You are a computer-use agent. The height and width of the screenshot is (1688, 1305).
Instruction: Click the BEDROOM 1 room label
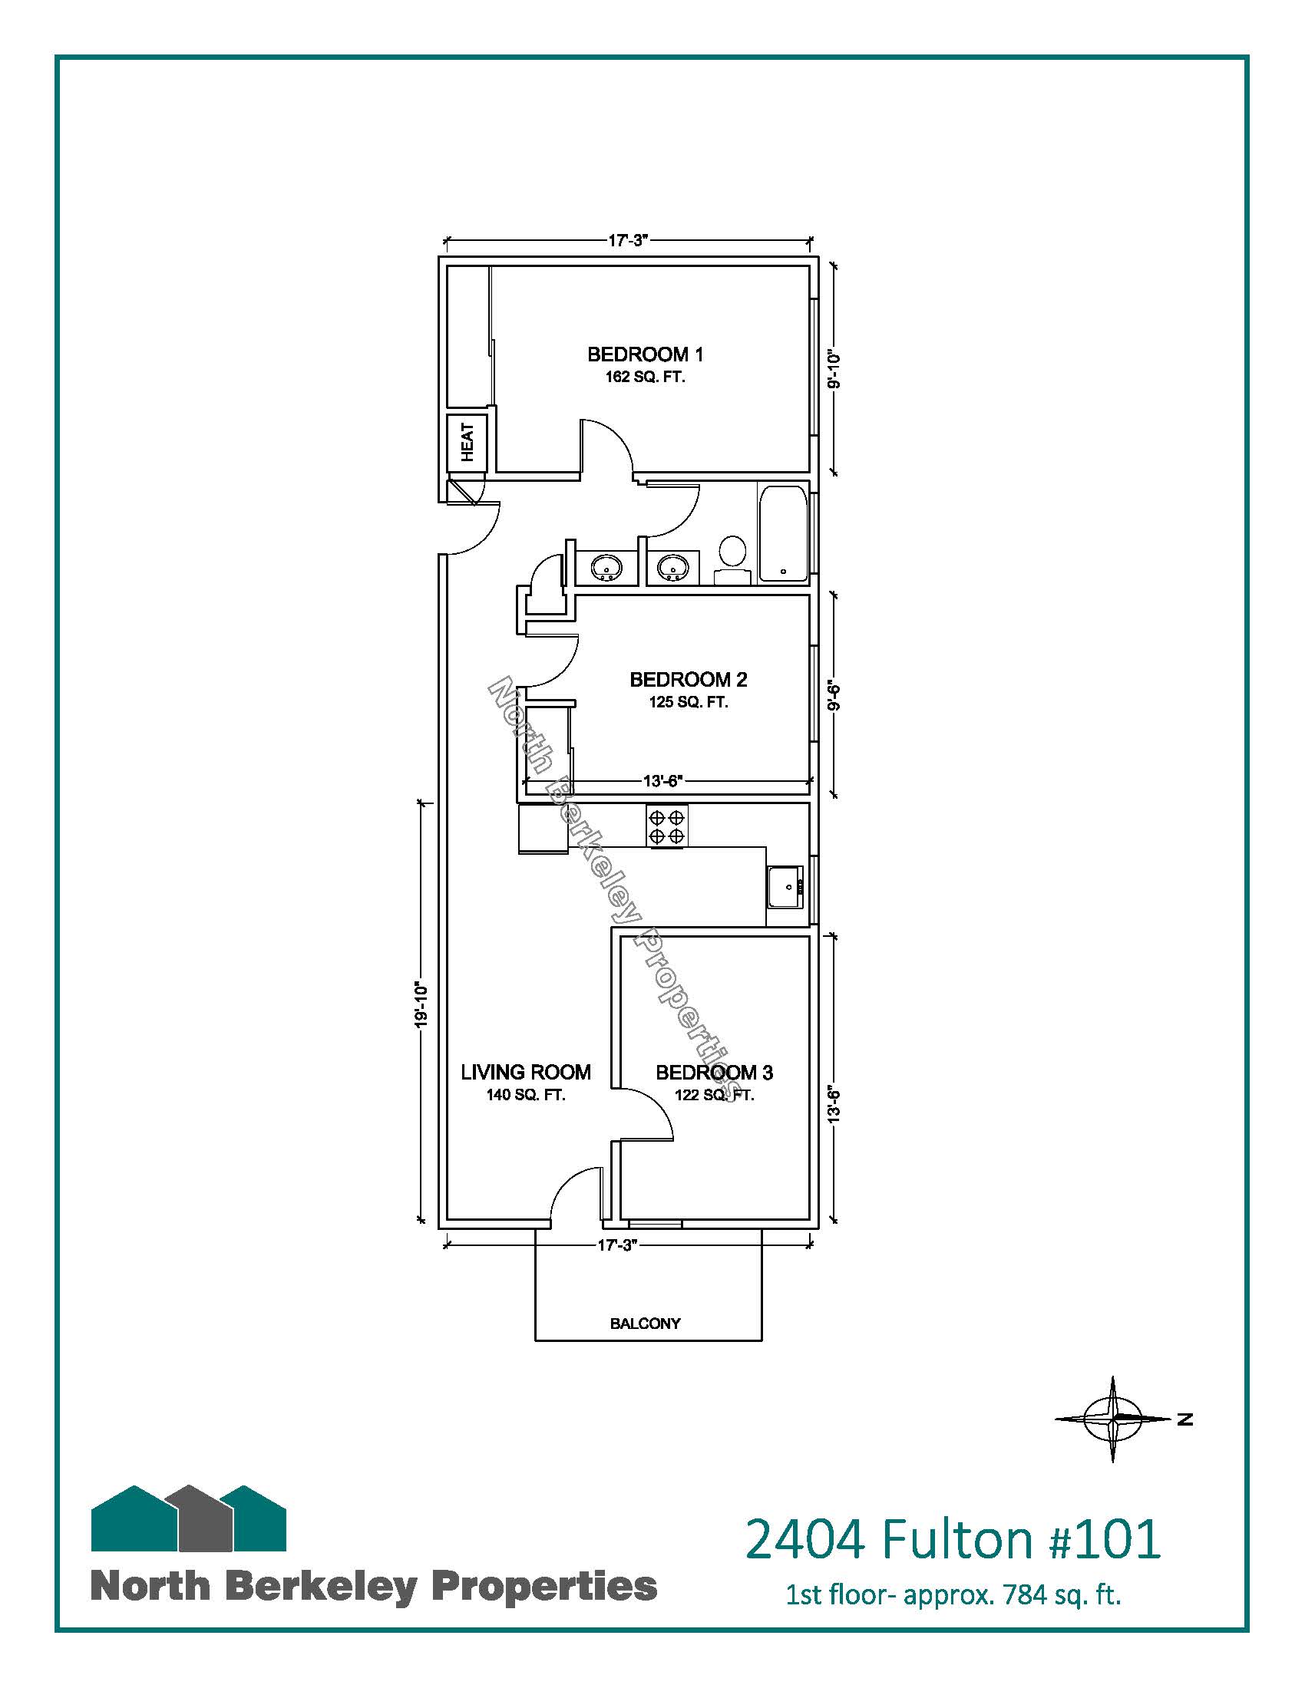coord(646,354)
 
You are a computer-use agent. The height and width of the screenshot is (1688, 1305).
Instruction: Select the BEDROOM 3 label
coord(715,1072)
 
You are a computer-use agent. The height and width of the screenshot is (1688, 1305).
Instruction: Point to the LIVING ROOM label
coord(526,1072)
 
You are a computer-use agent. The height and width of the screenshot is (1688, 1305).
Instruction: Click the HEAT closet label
coord(467,443)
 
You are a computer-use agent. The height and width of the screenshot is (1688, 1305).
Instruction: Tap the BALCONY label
coord(646,1324)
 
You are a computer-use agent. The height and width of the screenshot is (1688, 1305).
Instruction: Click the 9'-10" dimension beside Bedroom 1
coord(833,371)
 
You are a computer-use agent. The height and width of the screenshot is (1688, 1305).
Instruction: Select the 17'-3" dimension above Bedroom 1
coord(627,240)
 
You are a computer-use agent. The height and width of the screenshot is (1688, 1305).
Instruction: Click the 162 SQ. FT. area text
coord(646,379)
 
